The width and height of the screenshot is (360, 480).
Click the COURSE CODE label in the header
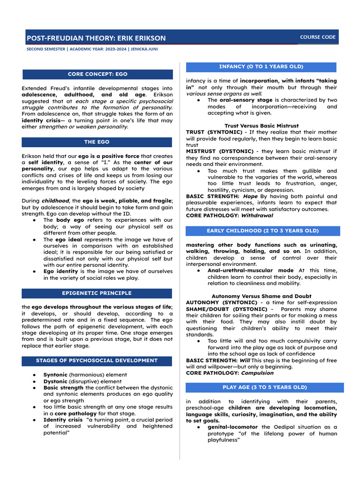(x=318, y=37)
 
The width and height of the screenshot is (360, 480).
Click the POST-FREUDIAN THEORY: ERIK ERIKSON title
(x=96, y=38)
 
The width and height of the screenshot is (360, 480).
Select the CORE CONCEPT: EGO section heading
(x=97, y=74)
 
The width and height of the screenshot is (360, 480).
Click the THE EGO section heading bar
(x=97, y=142)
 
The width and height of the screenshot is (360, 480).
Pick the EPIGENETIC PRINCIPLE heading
(x=97, y=293)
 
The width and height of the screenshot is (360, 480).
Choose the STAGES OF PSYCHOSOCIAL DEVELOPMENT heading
(x=97, y=360)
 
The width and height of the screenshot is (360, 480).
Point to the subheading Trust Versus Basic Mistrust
(x=262, y=126)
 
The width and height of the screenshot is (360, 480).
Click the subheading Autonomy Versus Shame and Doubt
(x=262, y=296)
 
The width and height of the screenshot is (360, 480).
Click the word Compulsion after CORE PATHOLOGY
(x=257, y=373)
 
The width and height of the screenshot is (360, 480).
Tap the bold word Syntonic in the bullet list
(x=55, y=375)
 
